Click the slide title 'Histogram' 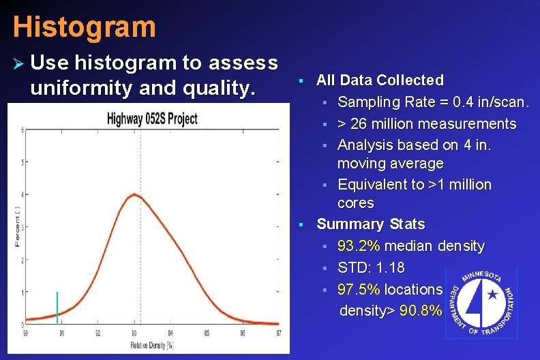(x=84, y=27)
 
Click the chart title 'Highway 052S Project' (x=152, y=118)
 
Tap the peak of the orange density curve (x=135, y=195)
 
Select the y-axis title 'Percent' (x=17, y=226)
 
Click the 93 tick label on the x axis (x=134, y=333)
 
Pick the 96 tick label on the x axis (x=243, y=333)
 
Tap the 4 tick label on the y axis (x=25, y=195)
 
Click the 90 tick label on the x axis (x=26, y=333)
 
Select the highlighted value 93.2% (x=359, y=245)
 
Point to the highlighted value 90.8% (x=420, y=311)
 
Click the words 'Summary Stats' (x=370, y=224)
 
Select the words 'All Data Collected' (x=380, y=80)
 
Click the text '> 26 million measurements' (x=427, y=123)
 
